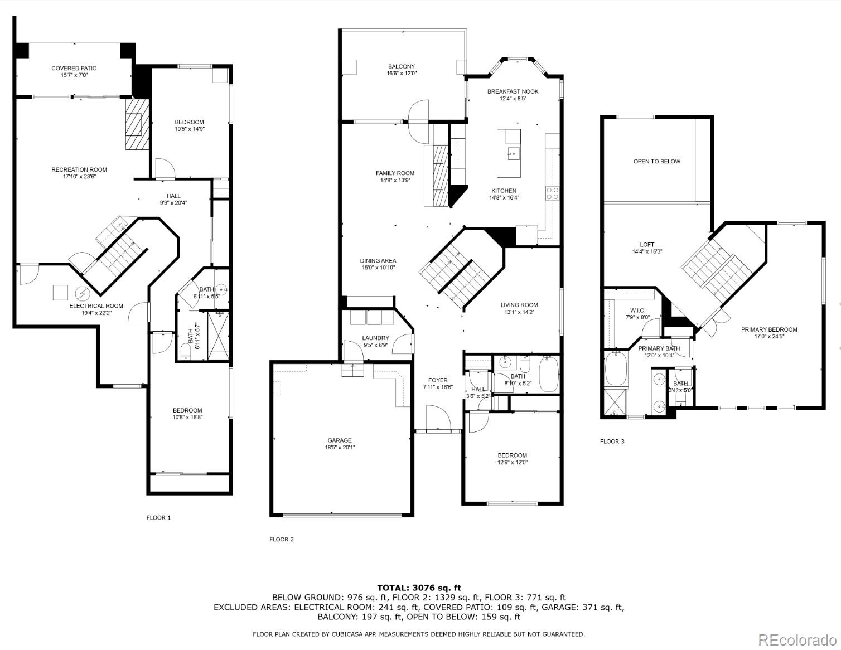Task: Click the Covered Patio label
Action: (74, 68)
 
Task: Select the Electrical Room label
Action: (96, 306)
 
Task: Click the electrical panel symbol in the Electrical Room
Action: (81, 293)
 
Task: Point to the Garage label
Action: (339, 440)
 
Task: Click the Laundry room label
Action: (375, 338)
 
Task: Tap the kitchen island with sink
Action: (509, 144)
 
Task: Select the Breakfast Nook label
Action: (513, 91)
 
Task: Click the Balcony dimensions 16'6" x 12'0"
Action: (402, 74)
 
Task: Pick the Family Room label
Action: (395, 173)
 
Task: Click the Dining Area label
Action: (378, 261)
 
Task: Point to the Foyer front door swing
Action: (437, 418)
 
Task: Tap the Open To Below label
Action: (656, 162)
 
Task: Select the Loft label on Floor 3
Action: (647, 245)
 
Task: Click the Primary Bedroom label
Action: (768, 329)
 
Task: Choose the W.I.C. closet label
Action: (637, 311)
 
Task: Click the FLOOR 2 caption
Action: (281, 539)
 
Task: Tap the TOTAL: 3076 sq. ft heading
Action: (419, 588)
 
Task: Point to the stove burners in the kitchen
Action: (552, 193)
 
